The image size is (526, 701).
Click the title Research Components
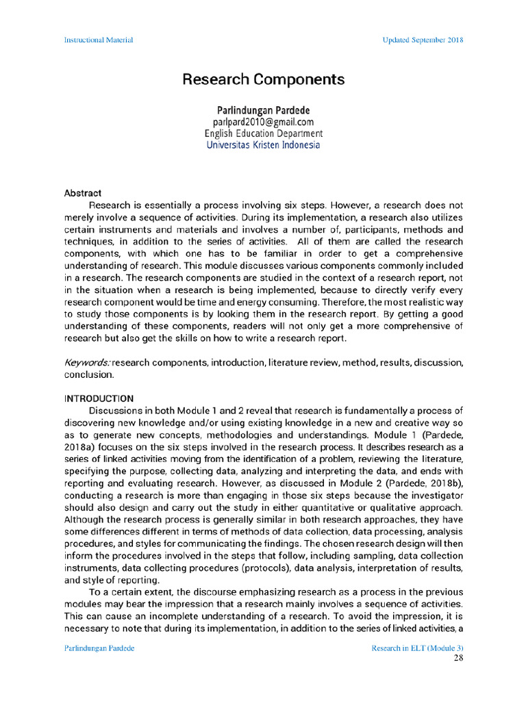coord(263,80)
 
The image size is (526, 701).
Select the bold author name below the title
coord(263,110)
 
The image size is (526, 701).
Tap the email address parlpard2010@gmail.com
coord(263,122)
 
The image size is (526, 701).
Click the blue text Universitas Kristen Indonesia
coord(263,145)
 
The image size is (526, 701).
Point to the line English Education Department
coord(263,133)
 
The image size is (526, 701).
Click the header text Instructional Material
coord(98,40)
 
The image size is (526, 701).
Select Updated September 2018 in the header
coord(423,40)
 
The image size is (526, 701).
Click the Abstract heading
coord(83,193)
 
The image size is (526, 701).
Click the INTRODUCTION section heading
coord(99,398)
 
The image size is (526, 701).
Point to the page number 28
coord(459,659)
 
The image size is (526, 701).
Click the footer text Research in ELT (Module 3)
coord(417,648)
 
